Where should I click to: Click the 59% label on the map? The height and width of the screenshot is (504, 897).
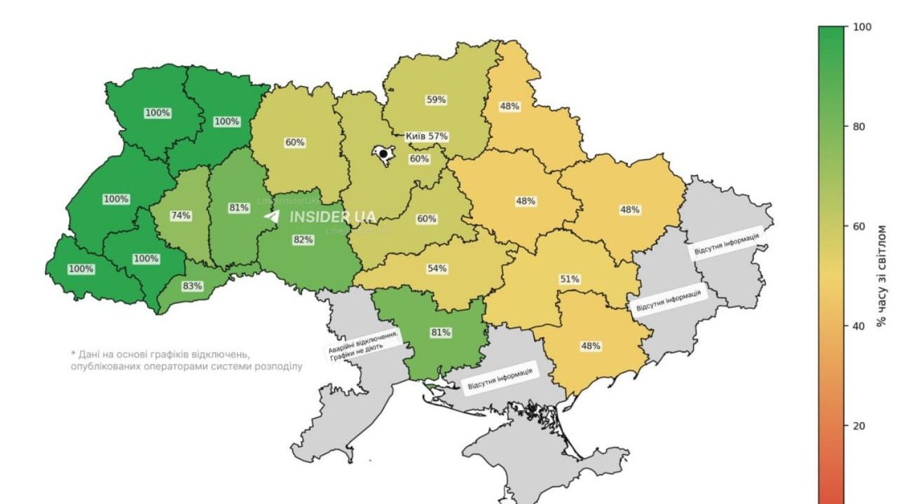(436, 100)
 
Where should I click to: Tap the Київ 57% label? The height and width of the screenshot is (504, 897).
(427, 136)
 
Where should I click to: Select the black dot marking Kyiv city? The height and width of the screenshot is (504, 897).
(383, 154)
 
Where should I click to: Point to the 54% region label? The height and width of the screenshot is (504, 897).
(437, 269)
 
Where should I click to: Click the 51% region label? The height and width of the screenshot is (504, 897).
(569, 279)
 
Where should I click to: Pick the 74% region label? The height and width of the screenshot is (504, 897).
(181, 216)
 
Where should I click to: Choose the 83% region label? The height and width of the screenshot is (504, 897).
(192, 286)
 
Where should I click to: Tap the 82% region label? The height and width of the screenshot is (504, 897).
(303, 239)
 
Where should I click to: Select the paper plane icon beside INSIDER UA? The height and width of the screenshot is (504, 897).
(272, 217)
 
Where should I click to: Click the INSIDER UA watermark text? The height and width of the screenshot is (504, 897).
(332, 217)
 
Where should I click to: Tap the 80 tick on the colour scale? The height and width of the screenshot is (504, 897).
(861, 127)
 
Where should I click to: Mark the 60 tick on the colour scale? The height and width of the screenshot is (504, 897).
(861, 227)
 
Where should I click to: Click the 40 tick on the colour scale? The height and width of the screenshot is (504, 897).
(861, 326)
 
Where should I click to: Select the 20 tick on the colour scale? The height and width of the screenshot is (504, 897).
(861, 426)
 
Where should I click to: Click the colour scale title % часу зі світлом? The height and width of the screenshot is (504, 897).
(882, 266)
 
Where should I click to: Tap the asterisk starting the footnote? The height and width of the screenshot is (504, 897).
(73, 354)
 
